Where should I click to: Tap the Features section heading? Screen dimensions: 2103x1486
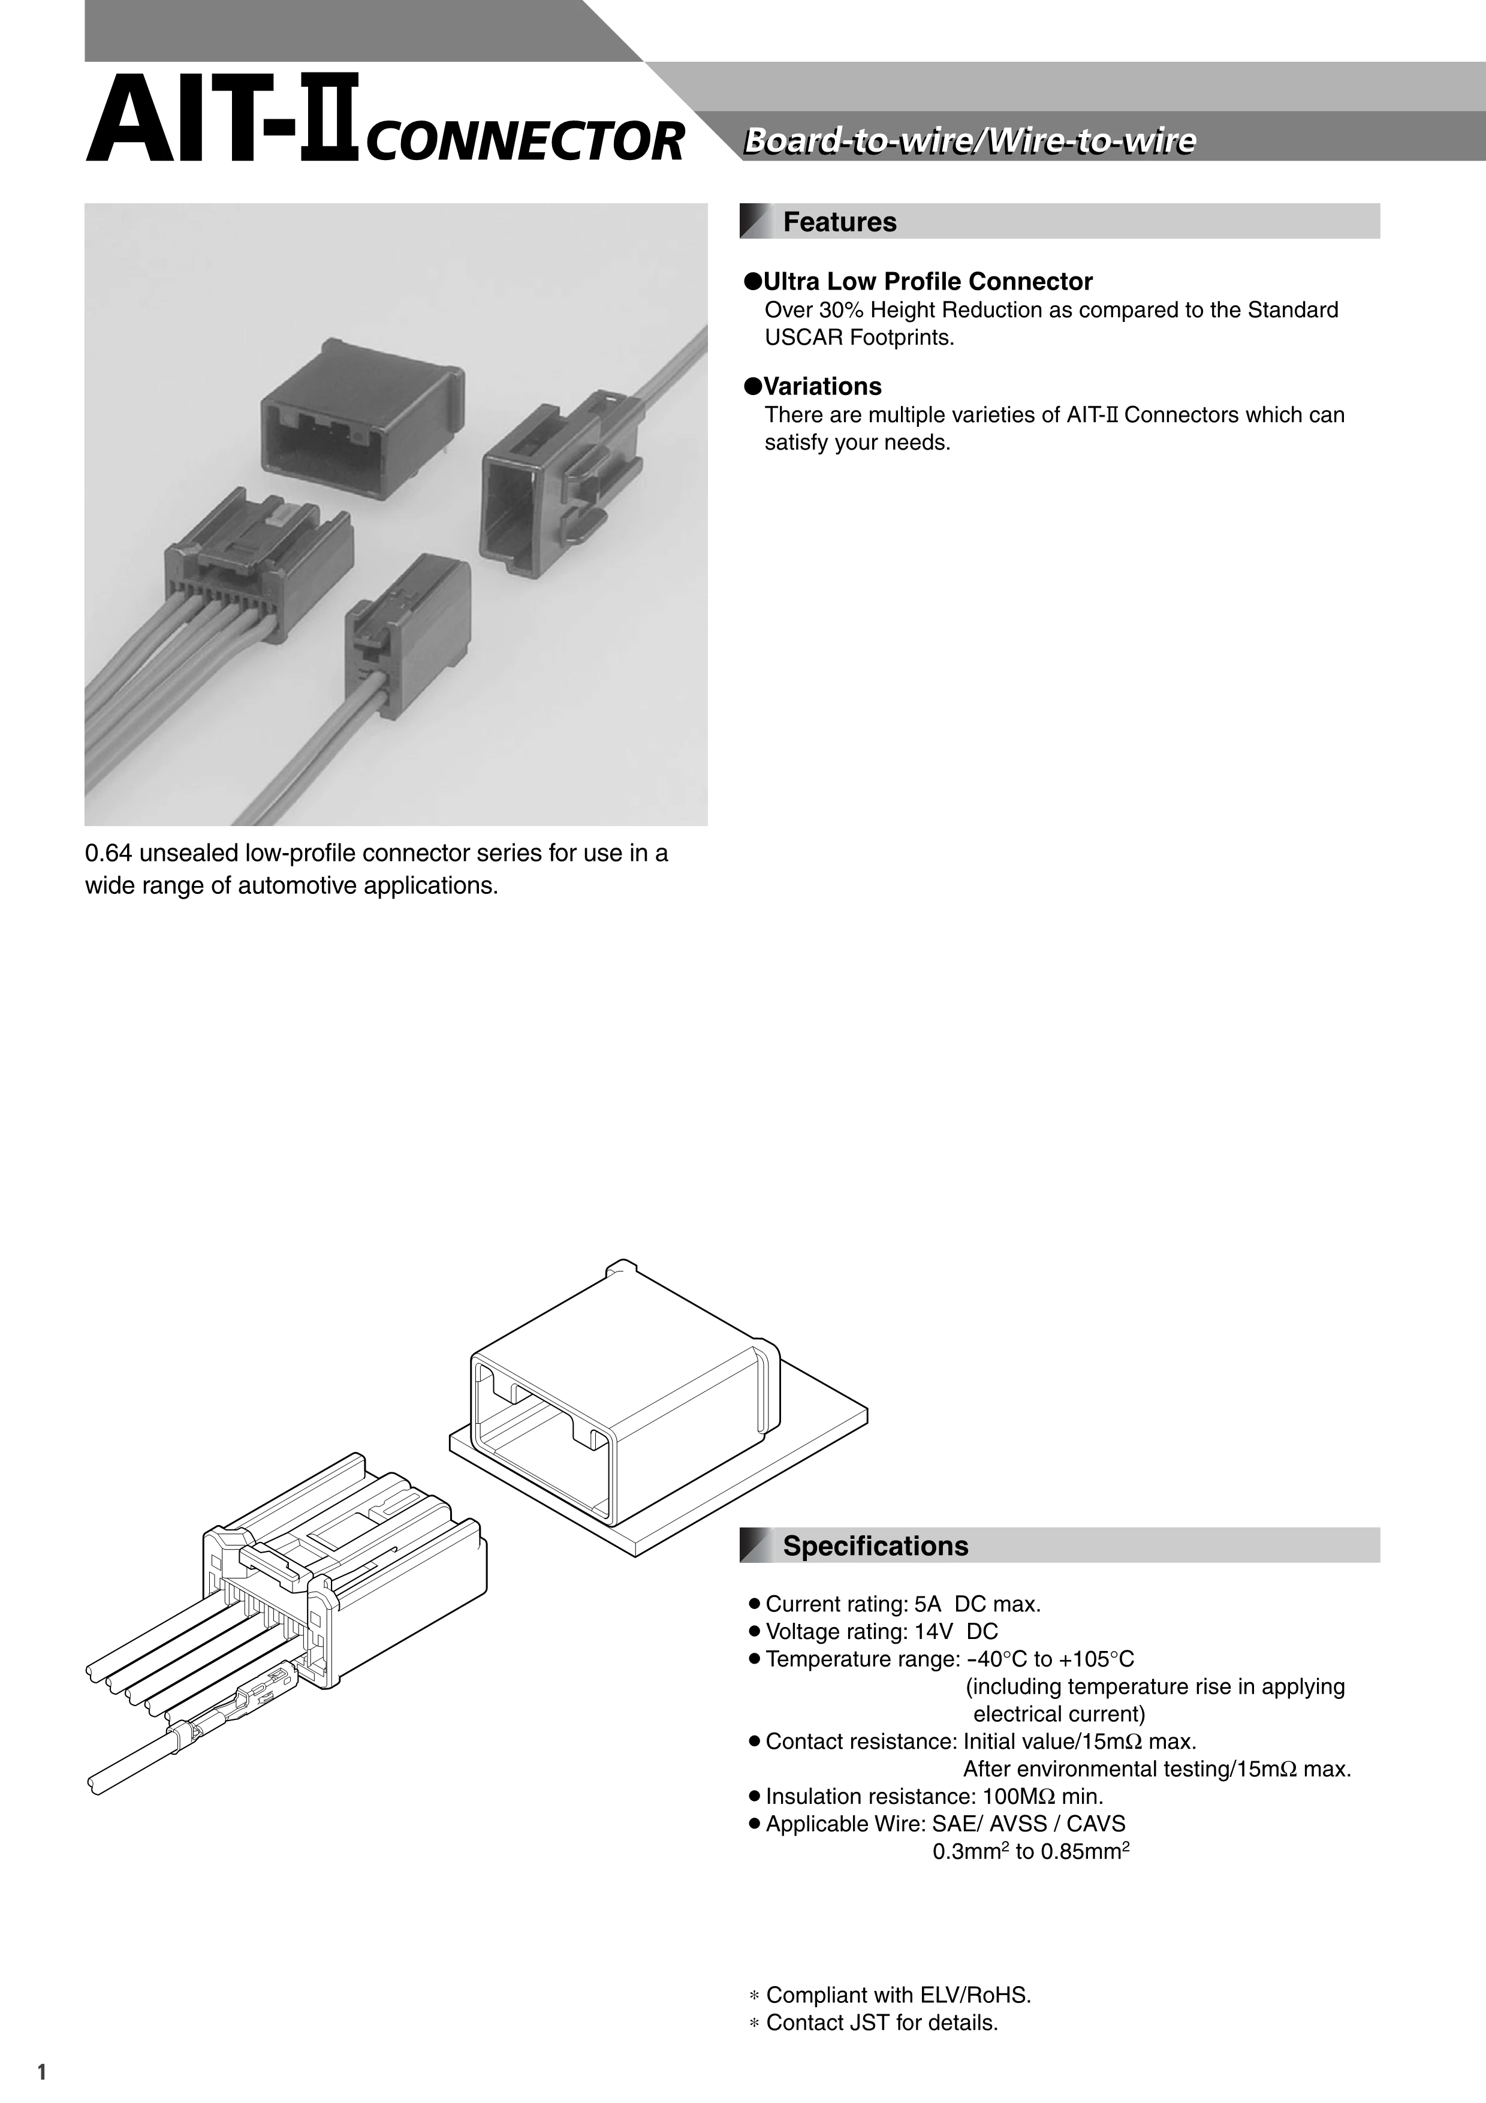point(840,222)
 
